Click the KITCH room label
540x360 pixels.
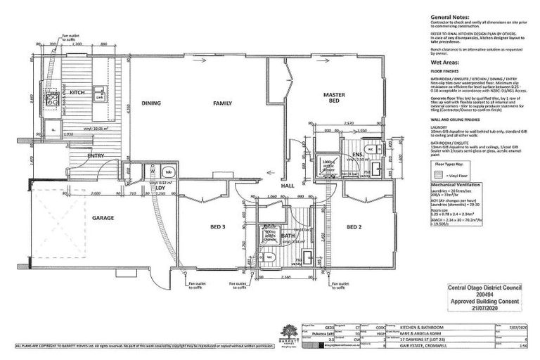[77, 91]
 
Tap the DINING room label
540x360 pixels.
[151, 103]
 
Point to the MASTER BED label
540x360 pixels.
[333, 98]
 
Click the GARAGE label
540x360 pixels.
[103, 218]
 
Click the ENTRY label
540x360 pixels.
[96, 155]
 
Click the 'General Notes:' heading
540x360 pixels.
[451, 15]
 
